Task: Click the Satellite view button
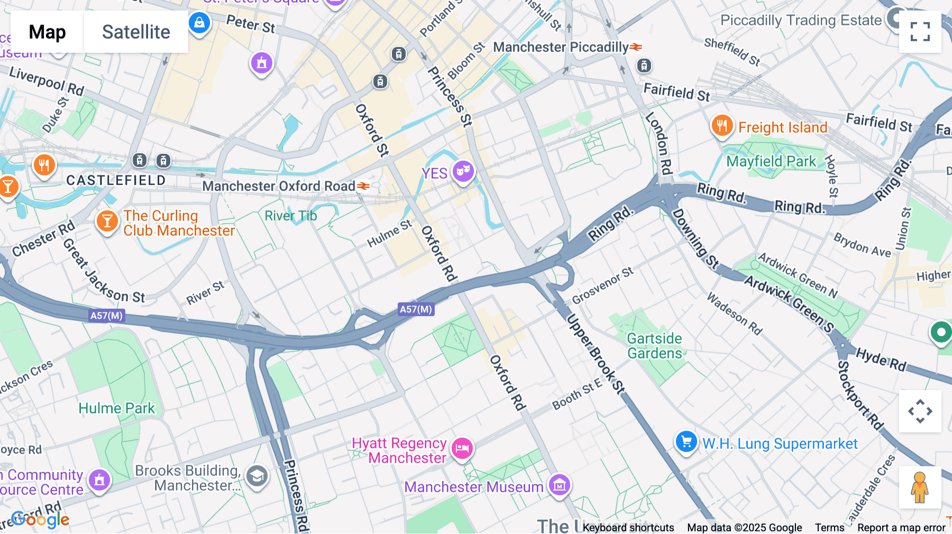(x=136, y=32)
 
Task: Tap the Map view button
(x=47, y=32)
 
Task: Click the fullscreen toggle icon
(x=920, y=32)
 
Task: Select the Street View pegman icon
(x=920, y=487)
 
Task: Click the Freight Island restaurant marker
(x=721, y=126)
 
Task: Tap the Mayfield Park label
(x=771, y=161)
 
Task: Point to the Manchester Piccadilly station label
(x=561, y=47)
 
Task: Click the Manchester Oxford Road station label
(x=279, y=186)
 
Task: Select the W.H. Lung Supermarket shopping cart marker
(x=686, y=441)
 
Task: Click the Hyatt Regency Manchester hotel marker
(x=462, y=448)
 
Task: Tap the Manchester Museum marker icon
(x=559, y=484)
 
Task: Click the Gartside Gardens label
(x=654, y=346)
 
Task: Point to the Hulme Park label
(x=116, y=408)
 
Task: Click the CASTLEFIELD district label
(x=116, y=180)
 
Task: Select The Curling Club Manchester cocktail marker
(x=107, y=221)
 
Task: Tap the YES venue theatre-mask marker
(x=463, y=171)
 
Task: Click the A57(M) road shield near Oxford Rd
(x=416, y=309)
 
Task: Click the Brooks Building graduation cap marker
(x=257, y=476)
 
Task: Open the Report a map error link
(x=901, y=528)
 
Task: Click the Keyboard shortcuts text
(x=628, y=528)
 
